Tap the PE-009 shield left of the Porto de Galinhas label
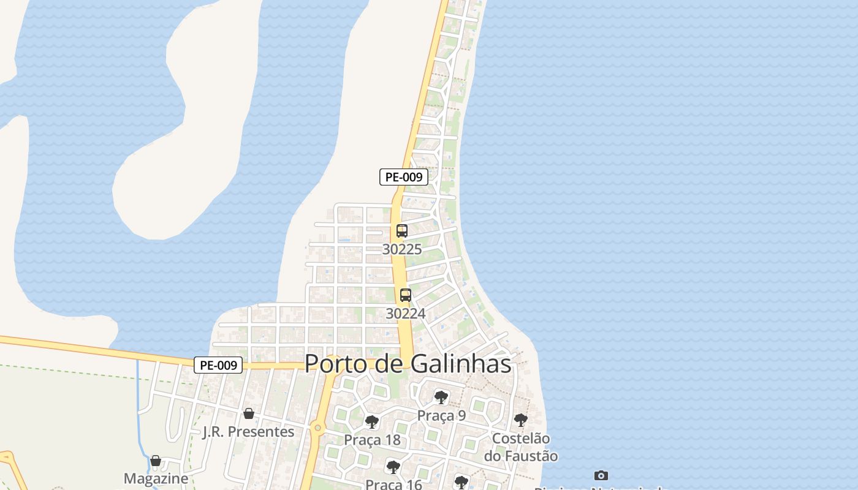[x=219, y=365]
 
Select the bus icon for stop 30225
[x=402, y=231]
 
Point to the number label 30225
[x=402, y=249]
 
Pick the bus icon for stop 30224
[x=406, y=295]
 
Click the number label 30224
[x=405, y=314]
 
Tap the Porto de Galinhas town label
[x=408, y=363]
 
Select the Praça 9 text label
[x=441, y=416]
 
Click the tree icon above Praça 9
[x=441, y=398]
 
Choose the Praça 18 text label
[x=372, y=440]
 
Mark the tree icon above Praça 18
[x=372, y=421]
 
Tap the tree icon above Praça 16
[x=393, y=467]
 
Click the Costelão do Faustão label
[x=521, y=447]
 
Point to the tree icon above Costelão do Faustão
[x=521, y=420]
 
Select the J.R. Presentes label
[x=248, y=432]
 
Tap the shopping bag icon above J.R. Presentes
[x=249, y=413]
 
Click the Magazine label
[x=156, y=478]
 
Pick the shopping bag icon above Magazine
[x=156, y=461]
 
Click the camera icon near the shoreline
[x=601, y=475]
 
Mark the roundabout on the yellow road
[x=317, y=428]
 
